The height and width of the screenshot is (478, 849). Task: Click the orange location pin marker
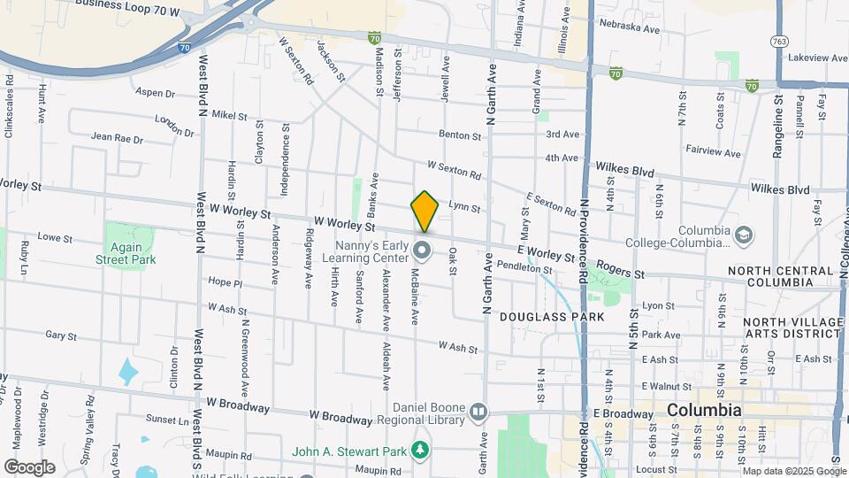424,211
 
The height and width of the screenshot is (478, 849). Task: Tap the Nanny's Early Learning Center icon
422,251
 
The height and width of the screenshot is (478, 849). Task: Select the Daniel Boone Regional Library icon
478,411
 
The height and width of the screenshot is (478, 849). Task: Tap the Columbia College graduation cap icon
744,235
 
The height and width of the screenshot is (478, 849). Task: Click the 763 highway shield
780,41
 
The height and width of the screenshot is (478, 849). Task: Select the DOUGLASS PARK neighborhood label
552,316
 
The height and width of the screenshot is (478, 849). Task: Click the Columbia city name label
704,411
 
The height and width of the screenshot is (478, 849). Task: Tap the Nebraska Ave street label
629,29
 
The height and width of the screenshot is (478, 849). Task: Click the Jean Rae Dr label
116,138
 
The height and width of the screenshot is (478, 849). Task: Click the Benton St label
463,136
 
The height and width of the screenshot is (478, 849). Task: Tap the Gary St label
60,336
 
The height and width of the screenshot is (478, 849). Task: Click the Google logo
28,466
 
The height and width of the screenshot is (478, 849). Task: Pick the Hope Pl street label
225,283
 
